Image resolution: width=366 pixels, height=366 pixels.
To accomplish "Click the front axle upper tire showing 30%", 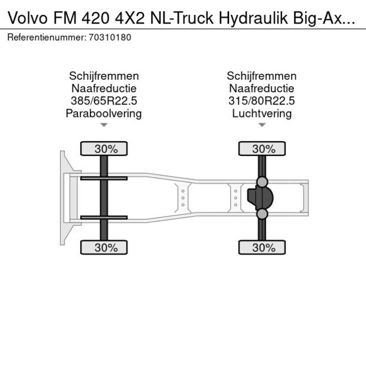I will (x=104, y=149).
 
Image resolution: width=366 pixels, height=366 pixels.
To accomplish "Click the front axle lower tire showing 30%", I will (x=104, y=248).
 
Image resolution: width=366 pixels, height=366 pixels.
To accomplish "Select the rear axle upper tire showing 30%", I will (x=262, y=149).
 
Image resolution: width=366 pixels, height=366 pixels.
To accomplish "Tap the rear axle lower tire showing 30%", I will (x=262, y=248).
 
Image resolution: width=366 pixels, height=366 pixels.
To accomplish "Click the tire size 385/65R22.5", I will (x=104, y=101).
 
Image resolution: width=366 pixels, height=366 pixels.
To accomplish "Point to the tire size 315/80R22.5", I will (x=262, y=101).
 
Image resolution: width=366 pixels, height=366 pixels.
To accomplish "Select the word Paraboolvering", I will (x=104, y=113).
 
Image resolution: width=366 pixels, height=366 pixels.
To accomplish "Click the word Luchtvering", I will (x=262, y=113).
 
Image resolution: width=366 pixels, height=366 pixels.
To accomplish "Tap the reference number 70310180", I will (x=110, y=37).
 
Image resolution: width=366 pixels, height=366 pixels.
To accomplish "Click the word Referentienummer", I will (x=46, y=37).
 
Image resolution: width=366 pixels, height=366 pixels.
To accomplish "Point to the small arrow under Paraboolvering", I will (x=104, y=125).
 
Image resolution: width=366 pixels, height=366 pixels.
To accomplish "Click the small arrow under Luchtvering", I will (x=262, y=125).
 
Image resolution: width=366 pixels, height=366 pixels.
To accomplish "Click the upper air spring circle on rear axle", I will (x=262, y=181).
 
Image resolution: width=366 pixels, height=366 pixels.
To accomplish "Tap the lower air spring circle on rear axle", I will (x=262, y=214).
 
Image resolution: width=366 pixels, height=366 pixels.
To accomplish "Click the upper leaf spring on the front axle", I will (x=104, y=178).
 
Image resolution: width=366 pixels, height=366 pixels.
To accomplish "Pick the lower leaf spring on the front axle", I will (x=104, y=218).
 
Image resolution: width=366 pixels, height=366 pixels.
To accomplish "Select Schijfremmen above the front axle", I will (x=104, y=76).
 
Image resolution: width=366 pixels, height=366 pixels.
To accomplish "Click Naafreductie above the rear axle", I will (x=262, y=89).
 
